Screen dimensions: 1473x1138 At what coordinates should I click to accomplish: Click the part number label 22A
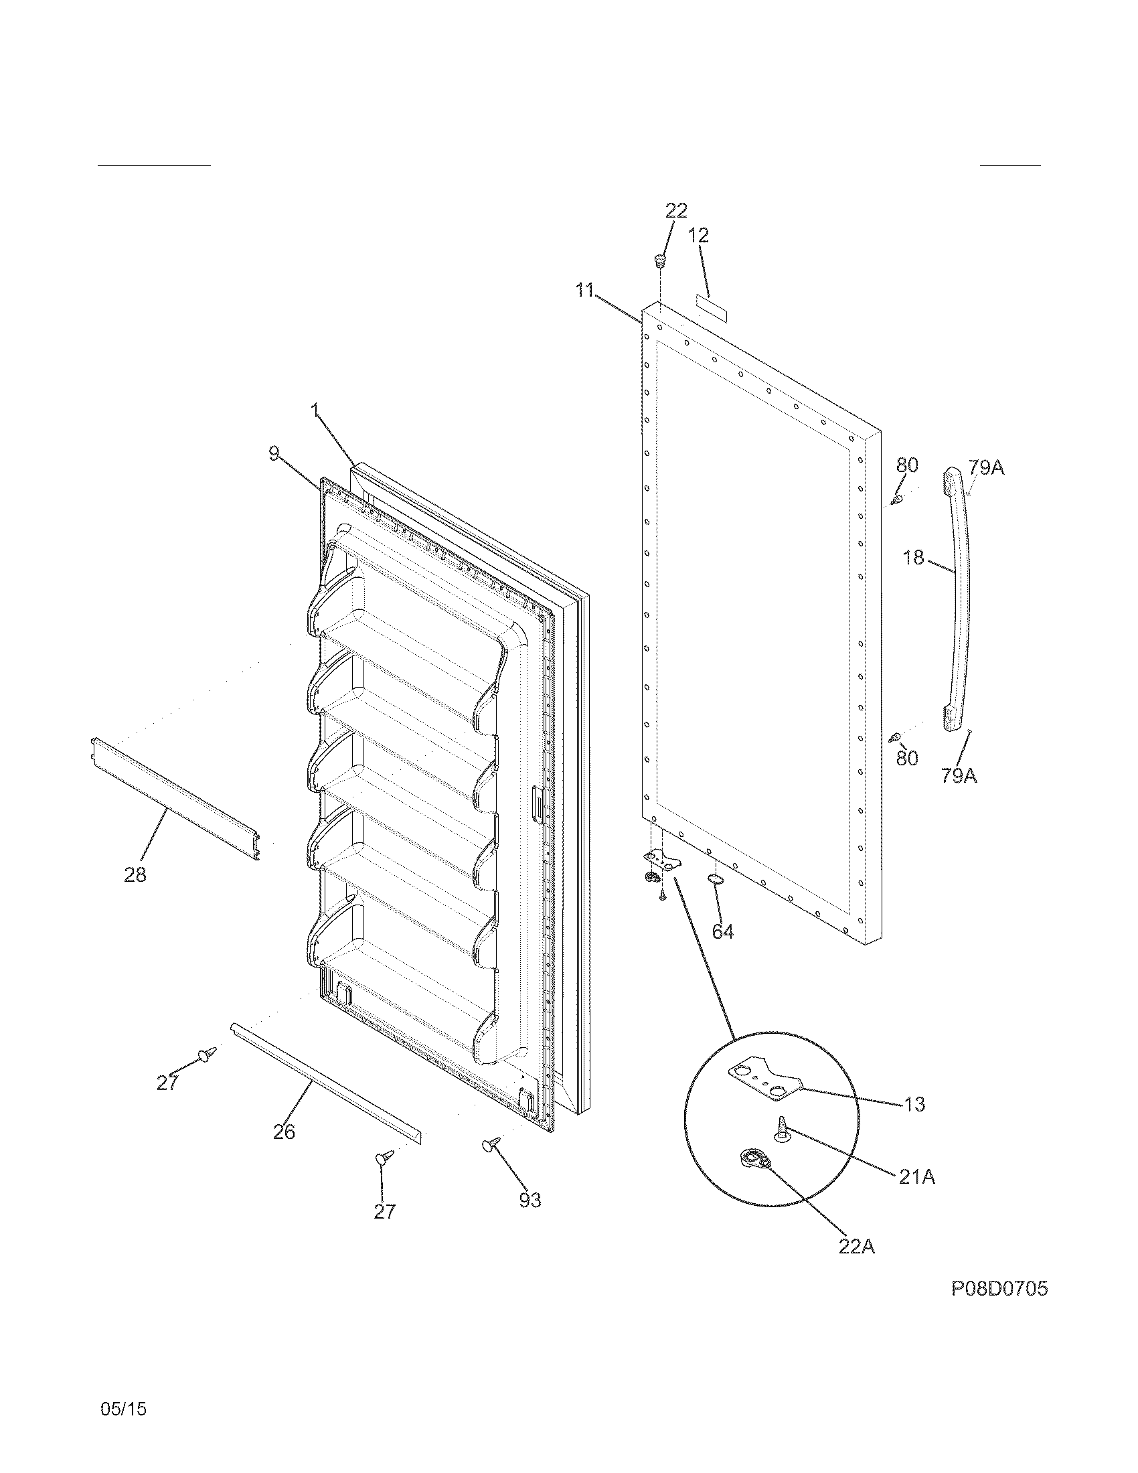[856, 1247]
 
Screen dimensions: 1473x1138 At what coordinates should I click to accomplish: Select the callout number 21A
[916, 1177]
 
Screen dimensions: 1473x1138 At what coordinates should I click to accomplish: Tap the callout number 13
[914, 1104]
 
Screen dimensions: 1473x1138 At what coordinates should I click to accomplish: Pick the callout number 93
[530, 1200]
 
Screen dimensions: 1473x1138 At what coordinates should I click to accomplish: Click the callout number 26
[284, 1132]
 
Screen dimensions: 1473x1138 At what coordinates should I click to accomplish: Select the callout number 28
[135, 875]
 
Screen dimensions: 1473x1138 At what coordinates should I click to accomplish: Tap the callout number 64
[723, 931]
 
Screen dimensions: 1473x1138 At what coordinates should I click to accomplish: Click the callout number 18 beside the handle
[913, 558]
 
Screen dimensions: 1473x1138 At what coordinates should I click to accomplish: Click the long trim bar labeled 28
[175, 799]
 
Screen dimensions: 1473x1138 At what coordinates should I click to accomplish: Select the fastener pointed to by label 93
[491, 1144]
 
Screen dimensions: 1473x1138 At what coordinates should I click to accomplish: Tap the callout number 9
[274, 454]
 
